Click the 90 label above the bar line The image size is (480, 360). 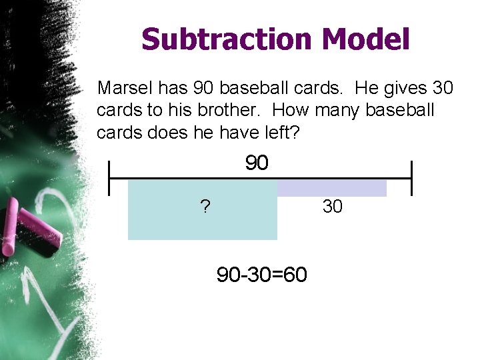coord(257,163)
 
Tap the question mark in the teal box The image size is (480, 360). coord(205,207)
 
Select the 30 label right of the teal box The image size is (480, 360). coord(332,207)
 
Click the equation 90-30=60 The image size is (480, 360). coord(262,273)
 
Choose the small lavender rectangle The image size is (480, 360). coord(331,188)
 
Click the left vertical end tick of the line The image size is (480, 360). coord(109,178)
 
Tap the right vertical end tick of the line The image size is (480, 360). coord(411,178)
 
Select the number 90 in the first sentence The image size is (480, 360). coord(203,87)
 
